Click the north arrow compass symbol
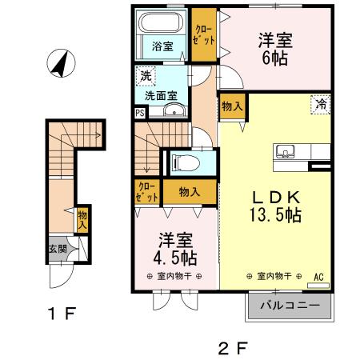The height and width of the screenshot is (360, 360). point(58,63)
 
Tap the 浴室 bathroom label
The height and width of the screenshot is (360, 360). point(162,46)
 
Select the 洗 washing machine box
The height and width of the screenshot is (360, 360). point(146,77)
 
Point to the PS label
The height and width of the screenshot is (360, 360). point(140,114)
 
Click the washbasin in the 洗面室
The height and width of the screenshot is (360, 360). point(174,111)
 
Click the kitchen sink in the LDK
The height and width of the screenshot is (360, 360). point(286,151)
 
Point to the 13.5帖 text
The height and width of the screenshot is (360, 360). point(273,215)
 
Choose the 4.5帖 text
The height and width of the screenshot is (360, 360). point(176,258)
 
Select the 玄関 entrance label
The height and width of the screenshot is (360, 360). point(57,249)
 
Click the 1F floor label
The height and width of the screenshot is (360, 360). point(60,313)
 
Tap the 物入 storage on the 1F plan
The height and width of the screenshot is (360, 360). point(82,218)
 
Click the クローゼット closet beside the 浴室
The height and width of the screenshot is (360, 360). point(204,34)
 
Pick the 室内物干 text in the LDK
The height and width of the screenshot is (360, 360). point(273,276)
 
